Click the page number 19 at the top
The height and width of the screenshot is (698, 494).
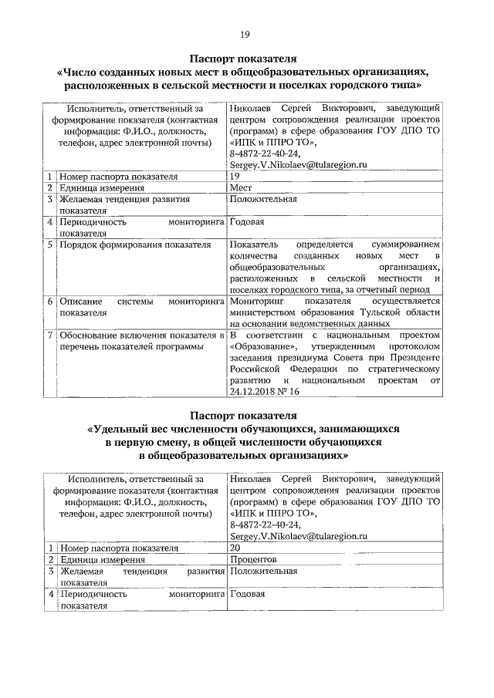[246, 35]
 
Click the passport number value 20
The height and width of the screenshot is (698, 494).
[235, 547]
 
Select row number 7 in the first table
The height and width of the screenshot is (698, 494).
[49, 336]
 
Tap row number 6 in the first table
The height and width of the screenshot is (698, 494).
[49, 302]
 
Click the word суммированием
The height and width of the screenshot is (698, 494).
[404, 244]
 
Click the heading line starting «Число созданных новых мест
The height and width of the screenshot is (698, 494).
[246, 71]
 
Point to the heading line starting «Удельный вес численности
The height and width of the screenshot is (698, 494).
[246, 429]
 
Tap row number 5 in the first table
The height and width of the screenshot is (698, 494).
[49, 244]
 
